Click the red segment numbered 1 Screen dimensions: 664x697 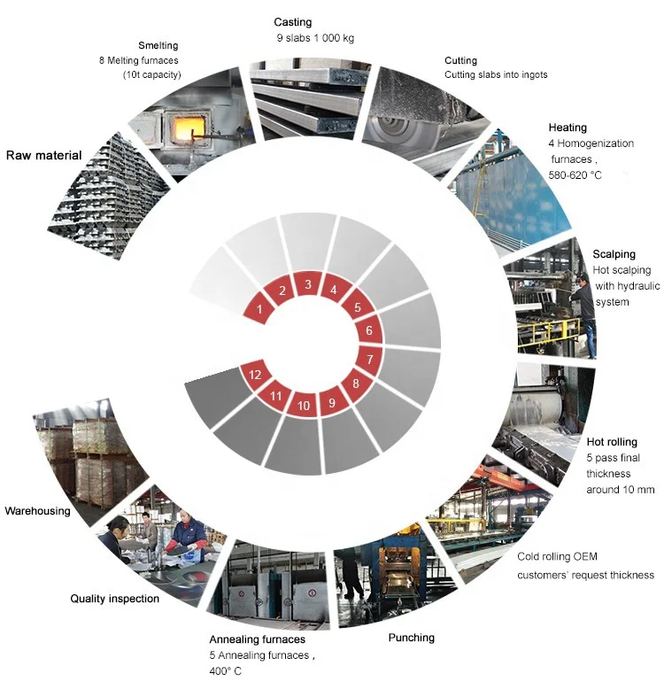[x=259, y=308]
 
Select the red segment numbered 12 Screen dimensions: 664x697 [x=255, y=375]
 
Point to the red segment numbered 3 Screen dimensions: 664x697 [x=307, y=284]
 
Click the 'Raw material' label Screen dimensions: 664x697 [x=44, y=155]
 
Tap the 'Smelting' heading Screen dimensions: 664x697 [x=158, y=45]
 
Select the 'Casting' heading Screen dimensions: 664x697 [x=293, y=22]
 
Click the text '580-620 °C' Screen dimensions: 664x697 [x=575, y=175]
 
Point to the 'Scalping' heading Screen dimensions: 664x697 [x=614, y=254]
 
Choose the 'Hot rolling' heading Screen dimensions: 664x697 [x=612, y=442]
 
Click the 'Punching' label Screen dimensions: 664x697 [x=412, y=638]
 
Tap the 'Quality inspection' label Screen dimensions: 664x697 [x=115, y=599]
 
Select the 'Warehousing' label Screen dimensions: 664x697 [x=38, y=511]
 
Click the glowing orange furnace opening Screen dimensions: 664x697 [x=184, y=128]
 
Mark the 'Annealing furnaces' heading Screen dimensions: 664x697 [x=258, y=639]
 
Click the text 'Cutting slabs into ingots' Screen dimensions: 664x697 [x=496, y=74]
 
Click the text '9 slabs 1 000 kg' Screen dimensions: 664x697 [x=315, y=38]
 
